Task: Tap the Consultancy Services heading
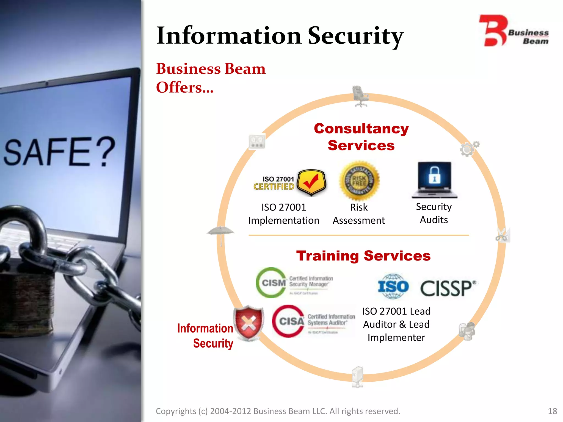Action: pos(361,137)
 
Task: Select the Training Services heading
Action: pos(363,256)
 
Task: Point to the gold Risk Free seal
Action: pos(359,181)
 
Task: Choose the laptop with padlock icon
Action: pos(434,180)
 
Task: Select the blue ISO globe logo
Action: pos(393,287)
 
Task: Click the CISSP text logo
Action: pos(448,288)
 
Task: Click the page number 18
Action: pos(552,411)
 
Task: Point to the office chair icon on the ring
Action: pos(360,96)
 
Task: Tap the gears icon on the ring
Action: pos(469,149)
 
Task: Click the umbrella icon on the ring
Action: pos(221,234)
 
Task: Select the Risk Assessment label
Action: pos(359,214)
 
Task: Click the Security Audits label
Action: pos(434,213)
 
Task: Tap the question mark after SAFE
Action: pos(107,152)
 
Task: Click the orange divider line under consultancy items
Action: pos(359,235)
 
